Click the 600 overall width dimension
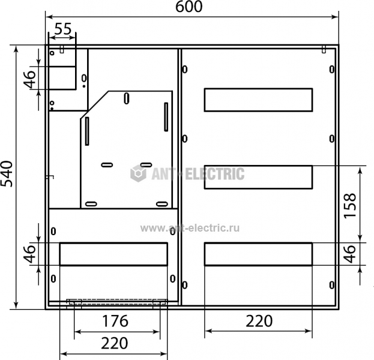click(189, 7)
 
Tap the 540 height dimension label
click(7, 174)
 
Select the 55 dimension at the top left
click(63, 29)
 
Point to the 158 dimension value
click(350, 205)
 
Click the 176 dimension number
click(115, 321)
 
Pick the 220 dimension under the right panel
click(259, 321)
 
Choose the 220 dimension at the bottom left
click(115, 343)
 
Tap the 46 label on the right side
click(350, 254)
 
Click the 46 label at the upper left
click(29, 79)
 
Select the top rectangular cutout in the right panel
click(258, 100)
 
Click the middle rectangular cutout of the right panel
click(258, 177)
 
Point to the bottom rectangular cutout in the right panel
click(258, 254)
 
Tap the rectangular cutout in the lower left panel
click(113, 254)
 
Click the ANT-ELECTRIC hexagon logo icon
click(138, 173)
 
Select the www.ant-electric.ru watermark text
click(190, 228)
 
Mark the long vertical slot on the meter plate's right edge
click(166, 117)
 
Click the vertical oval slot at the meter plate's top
click(127, 98)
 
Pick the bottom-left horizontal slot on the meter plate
click(91, 204)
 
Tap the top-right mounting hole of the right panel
click(332, 70)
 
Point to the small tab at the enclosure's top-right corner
click(324, 49)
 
